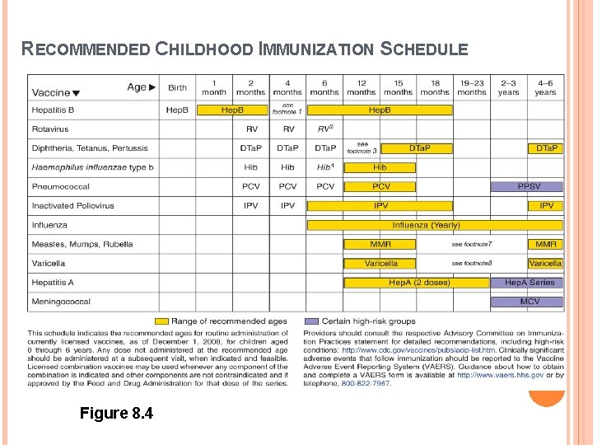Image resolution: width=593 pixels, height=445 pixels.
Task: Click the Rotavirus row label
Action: [x=50, y=129]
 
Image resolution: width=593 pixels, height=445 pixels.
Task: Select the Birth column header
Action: [x=177, y=87]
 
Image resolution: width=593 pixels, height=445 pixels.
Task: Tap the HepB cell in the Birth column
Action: [x=177, y=110]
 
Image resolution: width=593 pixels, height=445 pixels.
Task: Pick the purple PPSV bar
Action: [x=528, y=187]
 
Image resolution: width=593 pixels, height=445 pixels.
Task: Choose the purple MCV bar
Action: [x=528, y=302]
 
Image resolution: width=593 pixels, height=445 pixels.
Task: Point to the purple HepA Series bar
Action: [x=528, y=283]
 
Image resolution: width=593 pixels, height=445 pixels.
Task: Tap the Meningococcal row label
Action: [x=61, y=302]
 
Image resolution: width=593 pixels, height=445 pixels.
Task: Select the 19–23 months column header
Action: [x=472, y=87]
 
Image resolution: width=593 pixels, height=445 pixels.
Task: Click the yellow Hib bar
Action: [x=380, y=167]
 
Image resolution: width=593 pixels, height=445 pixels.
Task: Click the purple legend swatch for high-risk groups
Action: [x=311, y=321]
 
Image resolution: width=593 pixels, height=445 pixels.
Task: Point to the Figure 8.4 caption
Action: [x=116, y=413]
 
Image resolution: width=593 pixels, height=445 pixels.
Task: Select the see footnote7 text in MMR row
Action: [x=472, y=245]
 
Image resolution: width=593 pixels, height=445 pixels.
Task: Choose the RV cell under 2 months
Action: [x=251, y=129]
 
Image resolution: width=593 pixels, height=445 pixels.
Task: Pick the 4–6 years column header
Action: [x=545, y=87]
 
